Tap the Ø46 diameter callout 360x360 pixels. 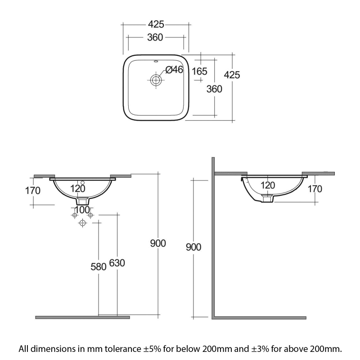point(174,69)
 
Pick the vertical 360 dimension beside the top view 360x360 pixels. point(214,89)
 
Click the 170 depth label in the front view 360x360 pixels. point(32,190)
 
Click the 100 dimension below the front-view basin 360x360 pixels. point(82,210)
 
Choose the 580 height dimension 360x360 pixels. point(98,266)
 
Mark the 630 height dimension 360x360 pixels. point(116,263)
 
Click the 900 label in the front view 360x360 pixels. point(158,243)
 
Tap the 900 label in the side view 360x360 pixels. point(192,247)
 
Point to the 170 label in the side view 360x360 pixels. point(315,189)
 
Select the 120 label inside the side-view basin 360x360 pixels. point(268,185)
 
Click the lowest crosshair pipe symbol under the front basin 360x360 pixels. point(82,223)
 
